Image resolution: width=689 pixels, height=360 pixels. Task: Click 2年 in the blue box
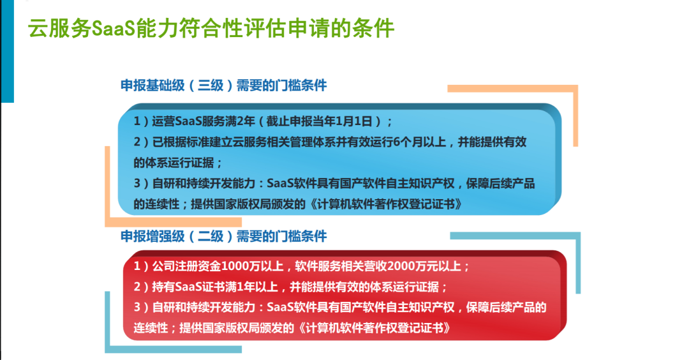246,121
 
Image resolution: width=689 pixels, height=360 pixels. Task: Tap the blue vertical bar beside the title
8,52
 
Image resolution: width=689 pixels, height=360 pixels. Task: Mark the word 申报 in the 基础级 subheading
133,86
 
